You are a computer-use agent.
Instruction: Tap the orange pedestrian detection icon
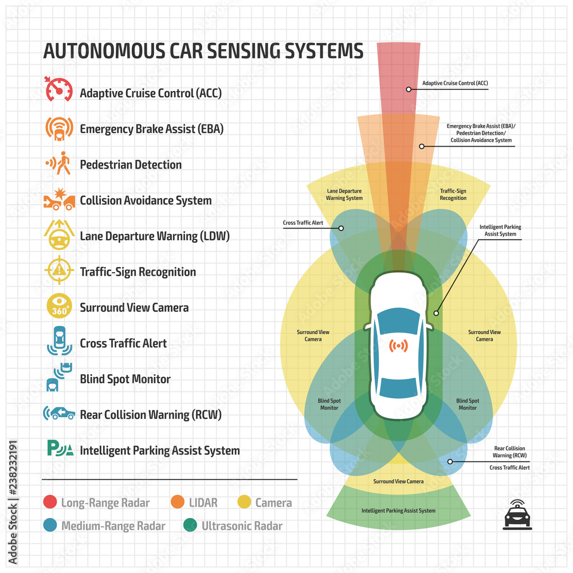coord(58,164)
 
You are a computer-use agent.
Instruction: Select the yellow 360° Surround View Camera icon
coord(58,307)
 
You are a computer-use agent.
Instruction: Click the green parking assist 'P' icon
coord(60,449)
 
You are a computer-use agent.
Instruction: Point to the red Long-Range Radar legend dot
coord(50,503)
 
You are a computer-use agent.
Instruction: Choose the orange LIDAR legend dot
coord(178,503)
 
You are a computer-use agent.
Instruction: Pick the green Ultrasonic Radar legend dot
coord(190,525)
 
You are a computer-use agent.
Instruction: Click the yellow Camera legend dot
coord(244,503)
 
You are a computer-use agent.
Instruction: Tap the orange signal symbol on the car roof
coord(398,346)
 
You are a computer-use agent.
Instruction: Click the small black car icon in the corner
coord(516,513)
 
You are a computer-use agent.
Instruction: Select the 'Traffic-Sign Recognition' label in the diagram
coord(453,194)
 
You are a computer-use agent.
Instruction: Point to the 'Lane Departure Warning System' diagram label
coord(344,194)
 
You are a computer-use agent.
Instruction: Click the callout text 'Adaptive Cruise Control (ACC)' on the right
coord(455,83)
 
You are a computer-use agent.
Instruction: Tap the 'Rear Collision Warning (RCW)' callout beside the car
coord(509,452)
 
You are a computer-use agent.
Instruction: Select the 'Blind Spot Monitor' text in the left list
coord(125,379)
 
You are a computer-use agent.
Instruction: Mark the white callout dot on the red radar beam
coord(409,89)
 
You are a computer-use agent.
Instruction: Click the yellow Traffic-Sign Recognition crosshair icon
coord(58,271)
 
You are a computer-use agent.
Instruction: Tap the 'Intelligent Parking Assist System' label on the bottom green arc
coord(398,510)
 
